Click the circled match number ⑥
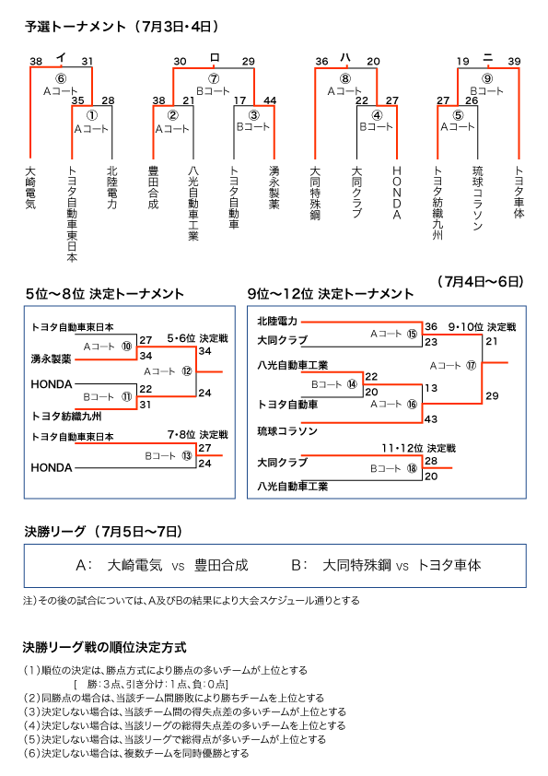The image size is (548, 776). pyautogui.click(x=61, y=78)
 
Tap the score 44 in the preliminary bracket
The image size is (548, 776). pyautogui.click(x=270, y=100)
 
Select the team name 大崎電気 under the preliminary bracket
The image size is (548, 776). pyautogui.click(x=30, y=187)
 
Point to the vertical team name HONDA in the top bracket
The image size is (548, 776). pyautogui.click(x=397, y=193)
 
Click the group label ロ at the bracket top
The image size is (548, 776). pyautogui.click(x=215, y=57)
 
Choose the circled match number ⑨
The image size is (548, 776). pyautogui.click(x=487, y=78)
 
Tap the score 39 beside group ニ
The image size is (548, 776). pyautogui.click(x=514, y=62)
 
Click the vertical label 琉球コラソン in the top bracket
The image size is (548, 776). pyautogui.click(x=477, y=198)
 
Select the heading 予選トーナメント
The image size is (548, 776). pyautogui.click(x=75, y=26)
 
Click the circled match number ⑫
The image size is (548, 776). pyautogui.click(x=186, y=371)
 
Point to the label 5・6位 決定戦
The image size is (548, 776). pyautogui.click(x=197, y=338)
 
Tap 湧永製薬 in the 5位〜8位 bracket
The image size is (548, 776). pyautogui.click(x=51, y=359)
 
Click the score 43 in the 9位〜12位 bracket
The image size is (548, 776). pyautogui.click(x=431, y=419)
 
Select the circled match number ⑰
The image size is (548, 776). pyautogui.click(x=471, y=366)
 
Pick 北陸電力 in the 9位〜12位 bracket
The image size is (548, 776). pyautogui.click(x=277, y=322)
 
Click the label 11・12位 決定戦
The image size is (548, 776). pyautogui.click(x=418, y=449)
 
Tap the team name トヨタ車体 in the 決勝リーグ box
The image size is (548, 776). pyautogui.click(x=449, y=565)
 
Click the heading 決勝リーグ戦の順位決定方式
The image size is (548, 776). pyautogui.click(x=104, y=647)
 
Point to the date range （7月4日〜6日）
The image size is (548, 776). pyautogui.click(x=480, y=282)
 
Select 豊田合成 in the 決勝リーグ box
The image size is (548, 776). pyautogui.click(x=221, y=565)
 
